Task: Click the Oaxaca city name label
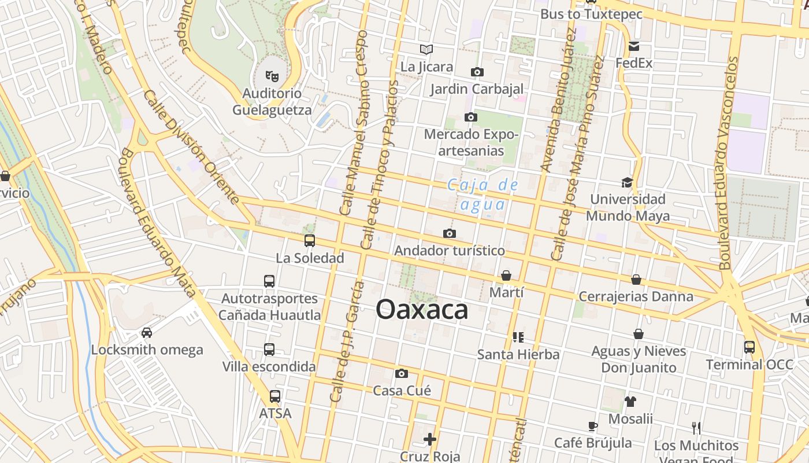coord(422,310)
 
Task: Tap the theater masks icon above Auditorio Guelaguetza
coord(272,75)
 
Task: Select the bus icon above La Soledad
coord(310,240)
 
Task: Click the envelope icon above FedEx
coord(634,46)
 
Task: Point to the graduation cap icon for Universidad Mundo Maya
coord(627,183)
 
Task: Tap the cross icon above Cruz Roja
coord(430,439)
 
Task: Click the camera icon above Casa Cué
coord(402,373)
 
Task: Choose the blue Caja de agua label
coord(483,194)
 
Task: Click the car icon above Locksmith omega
coord(147,333)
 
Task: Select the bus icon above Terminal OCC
coord(749,347)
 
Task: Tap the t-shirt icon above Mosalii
coord(630,401)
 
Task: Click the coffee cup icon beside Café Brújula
coord(592,427)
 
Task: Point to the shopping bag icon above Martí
coord(506,275)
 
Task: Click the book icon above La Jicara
coord(426,49)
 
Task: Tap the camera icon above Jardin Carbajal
coord(477,72)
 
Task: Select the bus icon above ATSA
coord(275,396)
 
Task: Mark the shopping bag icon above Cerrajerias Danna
coord(636,280)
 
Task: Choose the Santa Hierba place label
coord(518,354)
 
